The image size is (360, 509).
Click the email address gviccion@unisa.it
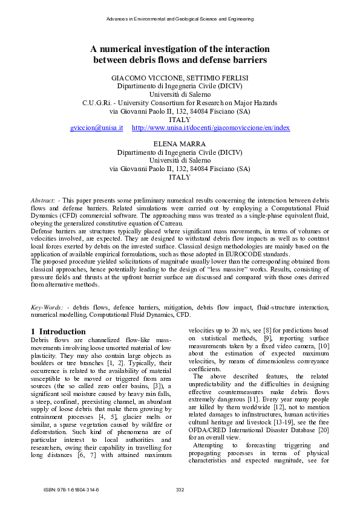(97, 128)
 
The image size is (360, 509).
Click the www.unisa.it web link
(211, 128)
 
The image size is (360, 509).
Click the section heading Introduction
(62, 331)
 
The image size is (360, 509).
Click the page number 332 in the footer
(180, 489)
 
